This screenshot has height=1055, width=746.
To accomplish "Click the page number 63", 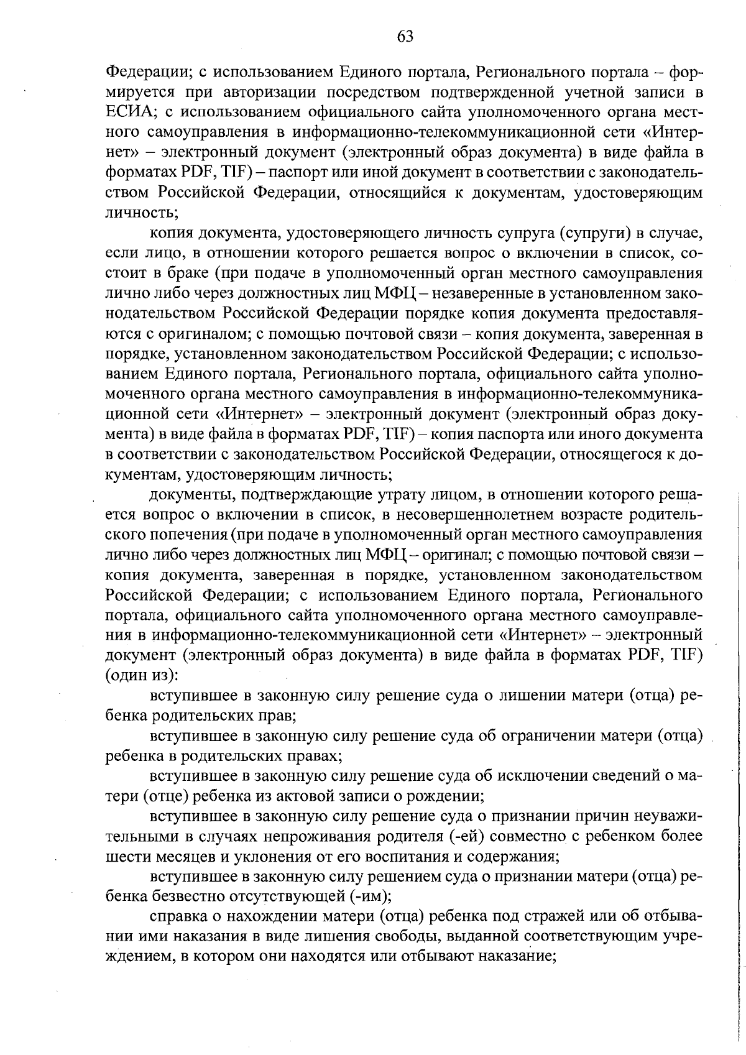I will [405, 37].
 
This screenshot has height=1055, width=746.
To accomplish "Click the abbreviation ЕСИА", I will [128, 113].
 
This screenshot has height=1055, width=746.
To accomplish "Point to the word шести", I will [124, 856].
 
